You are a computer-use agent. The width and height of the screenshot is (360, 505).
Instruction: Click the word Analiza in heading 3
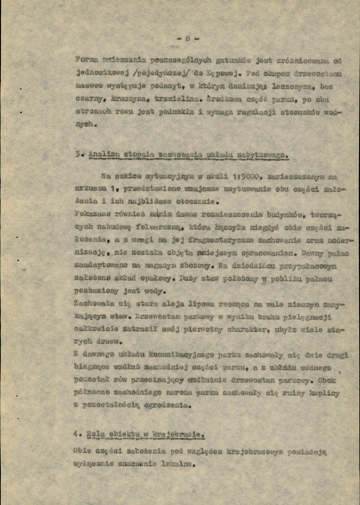(x=104, y=154)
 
